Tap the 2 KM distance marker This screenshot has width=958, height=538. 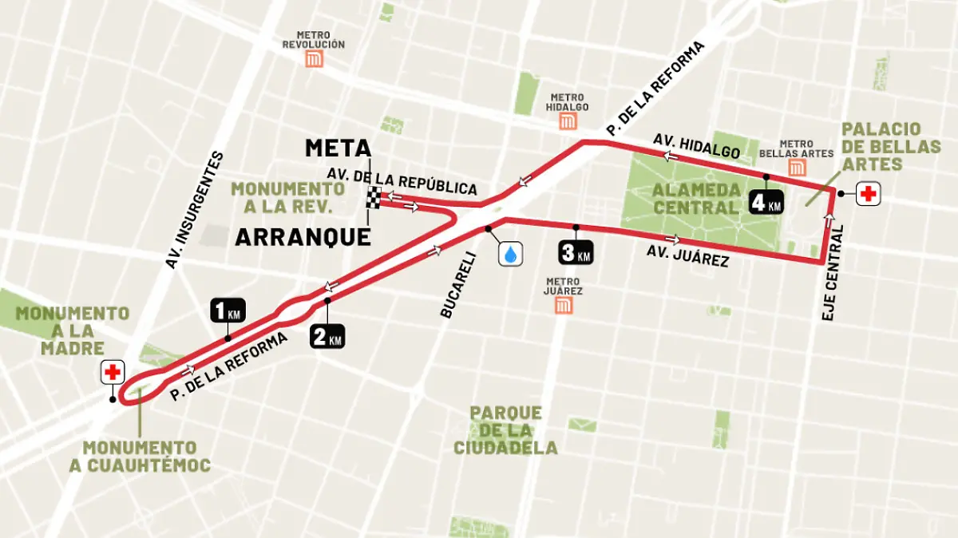pos(327,336)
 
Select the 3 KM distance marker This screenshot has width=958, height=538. pos(576,252)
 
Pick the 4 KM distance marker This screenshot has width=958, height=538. pos(765,203)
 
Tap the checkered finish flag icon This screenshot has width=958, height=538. pos(373,197)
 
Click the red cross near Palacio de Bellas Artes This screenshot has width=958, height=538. pos(869,194)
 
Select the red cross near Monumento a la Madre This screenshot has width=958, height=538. pos(113,372)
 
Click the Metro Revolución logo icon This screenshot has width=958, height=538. pos(319,60)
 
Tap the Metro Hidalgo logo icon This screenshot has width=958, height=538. pos(568,121)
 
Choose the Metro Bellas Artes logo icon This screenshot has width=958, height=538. pos(796,167)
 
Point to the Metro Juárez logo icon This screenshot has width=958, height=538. pos(564,306)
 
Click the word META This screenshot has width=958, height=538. pos(338,148)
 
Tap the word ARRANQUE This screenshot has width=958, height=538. pos(303,237)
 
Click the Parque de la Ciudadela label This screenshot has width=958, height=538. pos(505,430)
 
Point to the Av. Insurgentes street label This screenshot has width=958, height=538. pos(194,209)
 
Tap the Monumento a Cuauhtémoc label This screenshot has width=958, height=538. pos(140,456)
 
